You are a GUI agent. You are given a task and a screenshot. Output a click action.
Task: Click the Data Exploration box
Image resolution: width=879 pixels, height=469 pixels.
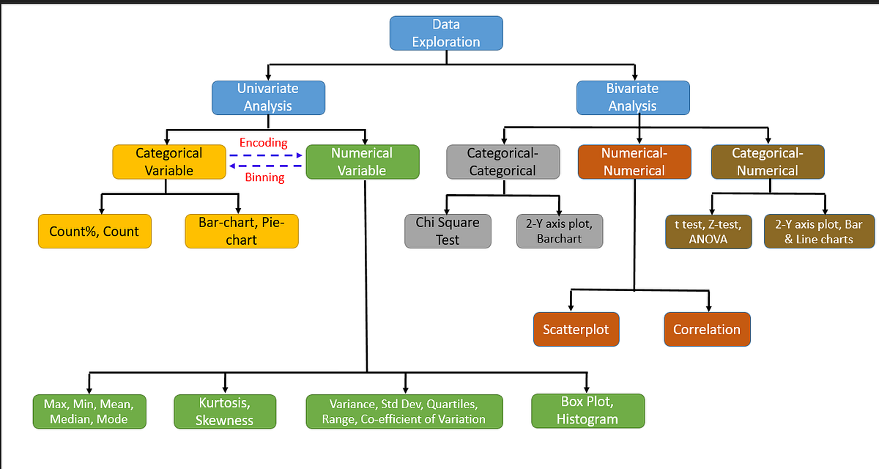click(x=445, y=34)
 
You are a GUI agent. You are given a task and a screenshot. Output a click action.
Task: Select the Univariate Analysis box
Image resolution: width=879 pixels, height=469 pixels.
click(x=268, y=97)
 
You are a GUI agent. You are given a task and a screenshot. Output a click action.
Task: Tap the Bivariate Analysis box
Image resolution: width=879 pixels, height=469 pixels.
click(x=633, y=97)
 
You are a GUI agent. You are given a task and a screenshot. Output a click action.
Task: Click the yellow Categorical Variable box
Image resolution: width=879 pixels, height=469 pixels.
click(x=168, y=162)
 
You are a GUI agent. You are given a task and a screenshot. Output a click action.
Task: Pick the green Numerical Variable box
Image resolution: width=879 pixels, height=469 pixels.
click(x=362, y=162)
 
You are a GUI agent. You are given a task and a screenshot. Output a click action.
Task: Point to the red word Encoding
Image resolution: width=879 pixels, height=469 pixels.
click(x=263, y=143)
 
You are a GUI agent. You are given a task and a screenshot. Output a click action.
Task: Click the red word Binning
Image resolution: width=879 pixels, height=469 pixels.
click(x=264, y=177)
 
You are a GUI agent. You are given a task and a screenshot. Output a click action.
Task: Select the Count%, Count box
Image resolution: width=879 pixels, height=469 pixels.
click(x=94, y=232)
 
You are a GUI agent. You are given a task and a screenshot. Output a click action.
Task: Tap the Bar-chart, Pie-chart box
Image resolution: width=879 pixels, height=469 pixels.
click(x=241, y=231)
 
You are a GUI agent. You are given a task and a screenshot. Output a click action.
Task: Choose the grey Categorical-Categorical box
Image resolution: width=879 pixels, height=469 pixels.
click(x=502, y=162)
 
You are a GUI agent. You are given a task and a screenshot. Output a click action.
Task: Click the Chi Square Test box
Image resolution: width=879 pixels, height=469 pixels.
click(x=447, y=231)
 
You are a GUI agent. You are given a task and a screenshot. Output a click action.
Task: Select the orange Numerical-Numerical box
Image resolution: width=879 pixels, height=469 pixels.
click(x=634, y=162)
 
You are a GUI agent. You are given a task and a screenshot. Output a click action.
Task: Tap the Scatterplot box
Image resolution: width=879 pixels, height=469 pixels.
click(x=576, y=329)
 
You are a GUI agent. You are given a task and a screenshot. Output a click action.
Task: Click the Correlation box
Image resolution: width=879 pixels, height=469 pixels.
click(x=707, y=329)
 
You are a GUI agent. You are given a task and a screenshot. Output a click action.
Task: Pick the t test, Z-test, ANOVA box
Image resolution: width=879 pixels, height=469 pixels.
click(x=708, y=232)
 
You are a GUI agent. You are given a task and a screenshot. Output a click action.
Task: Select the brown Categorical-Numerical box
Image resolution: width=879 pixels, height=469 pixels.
click(x=767, y=162)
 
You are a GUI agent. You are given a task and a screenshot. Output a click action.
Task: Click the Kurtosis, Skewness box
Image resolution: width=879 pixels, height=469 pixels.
click(x=225, y=411)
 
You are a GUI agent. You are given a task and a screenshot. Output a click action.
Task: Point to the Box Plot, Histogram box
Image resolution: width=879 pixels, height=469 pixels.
click(x=587, y=410)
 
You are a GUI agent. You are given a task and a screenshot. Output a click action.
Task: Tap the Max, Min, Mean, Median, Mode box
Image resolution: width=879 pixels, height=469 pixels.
click(x=89, y=411)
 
